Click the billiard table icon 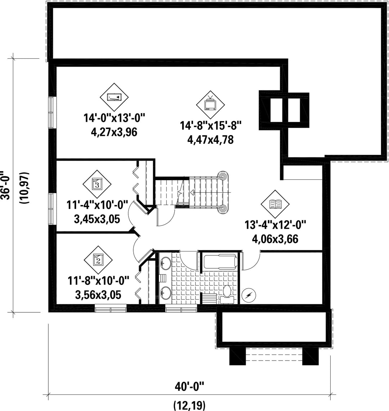coord(114,97)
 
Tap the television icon coord(210,104)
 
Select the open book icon coord(275,204)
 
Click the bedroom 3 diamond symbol coord(97,184)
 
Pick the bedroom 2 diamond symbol coord(98,260)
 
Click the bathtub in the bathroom coord(220,262)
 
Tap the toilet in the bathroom coord(227,294)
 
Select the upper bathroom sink coord(165,263)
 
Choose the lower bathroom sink coord(165,292)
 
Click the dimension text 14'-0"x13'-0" coord(114,118)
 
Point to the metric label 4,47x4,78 coord(210,140)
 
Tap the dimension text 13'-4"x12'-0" coord(275,225)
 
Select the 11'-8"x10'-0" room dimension coord(99,281)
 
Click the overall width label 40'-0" coord(189,387)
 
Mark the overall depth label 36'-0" coord(6,185)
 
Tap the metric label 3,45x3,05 coord(97,219)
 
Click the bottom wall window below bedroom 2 coord(111,308)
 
